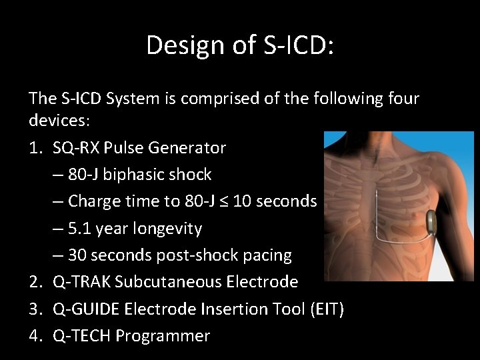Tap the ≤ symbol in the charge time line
point(233,201)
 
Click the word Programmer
point(163,336)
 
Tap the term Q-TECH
point(81,336)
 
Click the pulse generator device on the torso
point(435,222)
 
